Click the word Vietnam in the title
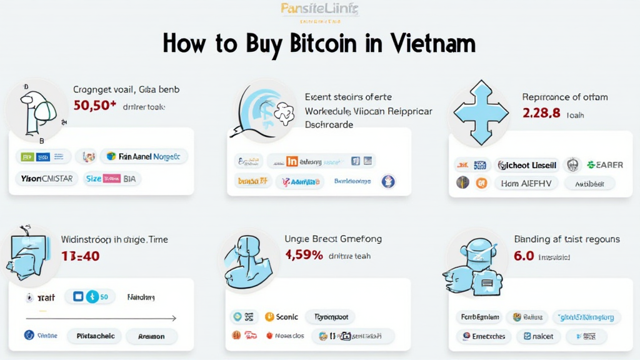coord(431,44)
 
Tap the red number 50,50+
coord(95,106)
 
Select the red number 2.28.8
coord(541,114)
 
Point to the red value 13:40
coord(80,256)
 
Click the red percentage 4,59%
coord(304,255)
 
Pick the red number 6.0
coord(524,256)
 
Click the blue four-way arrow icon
coord(480,112)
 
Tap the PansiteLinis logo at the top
coord(319,9)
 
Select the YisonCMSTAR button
coord(43,179)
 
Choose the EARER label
coord(604,165)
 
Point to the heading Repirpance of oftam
coord(564,97)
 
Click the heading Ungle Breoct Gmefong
coord(333,239)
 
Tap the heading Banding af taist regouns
coord(566,239)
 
